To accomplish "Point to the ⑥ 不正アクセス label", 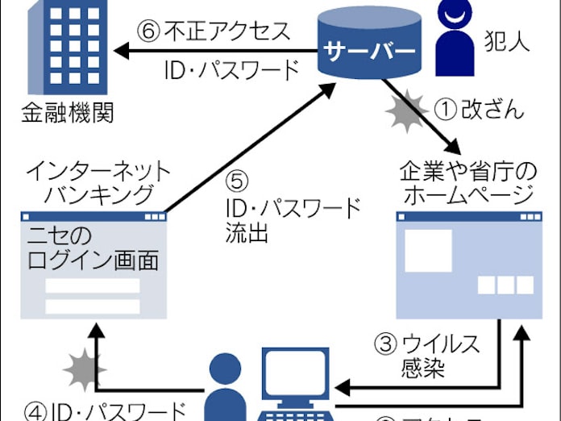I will (215, 33).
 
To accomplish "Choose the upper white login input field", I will (93, 286).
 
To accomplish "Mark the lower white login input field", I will (93, 307).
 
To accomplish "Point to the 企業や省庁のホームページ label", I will (467, 183).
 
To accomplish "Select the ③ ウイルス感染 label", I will (427, 355).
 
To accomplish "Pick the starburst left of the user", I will (81, 372).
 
